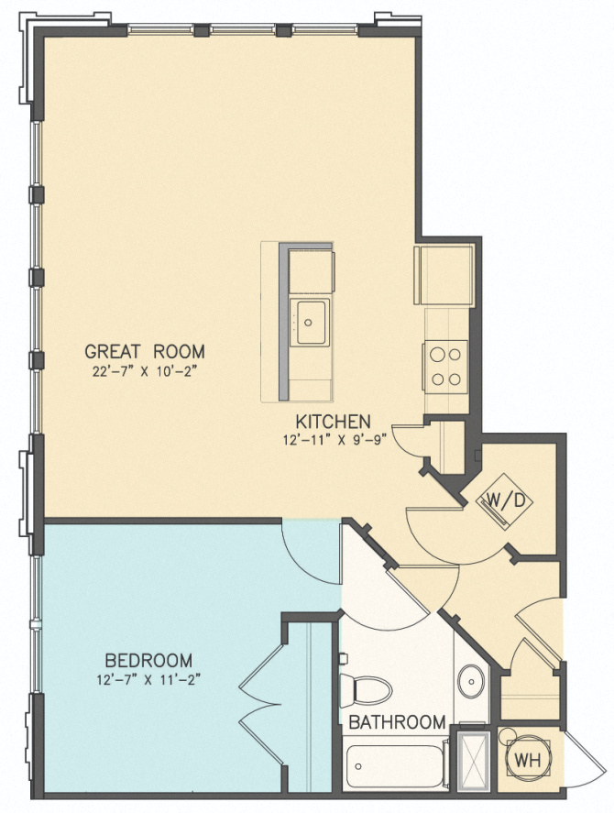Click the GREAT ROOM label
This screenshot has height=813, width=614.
pyautogui.click(x=145, y=351)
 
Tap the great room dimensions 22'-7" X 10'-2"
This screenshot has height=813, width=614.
pyautogui.click(x=145, y=370)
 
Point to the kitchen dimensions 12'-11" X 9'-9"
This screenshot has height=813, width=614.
pyautogui.click(x=336, y=439)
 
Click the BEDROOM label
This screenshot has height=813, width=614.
pyautogui.click(x=148, y=660)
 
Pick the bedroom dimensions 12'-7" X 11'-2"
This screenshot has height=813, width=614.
pyautogui.click(x=148, y=679)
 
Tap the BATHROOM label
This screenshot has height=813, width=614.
pyautogui.click(x=397, y=721)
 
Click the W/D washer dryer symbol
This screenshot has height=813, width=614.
pyautogui.click(x=498, y=501)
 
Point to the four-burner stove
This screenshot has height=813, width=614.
pyautogui.click(x=445, y=365)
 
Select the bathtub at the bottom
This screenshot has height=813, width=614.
pyautogui.click(x=394, y=765)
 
